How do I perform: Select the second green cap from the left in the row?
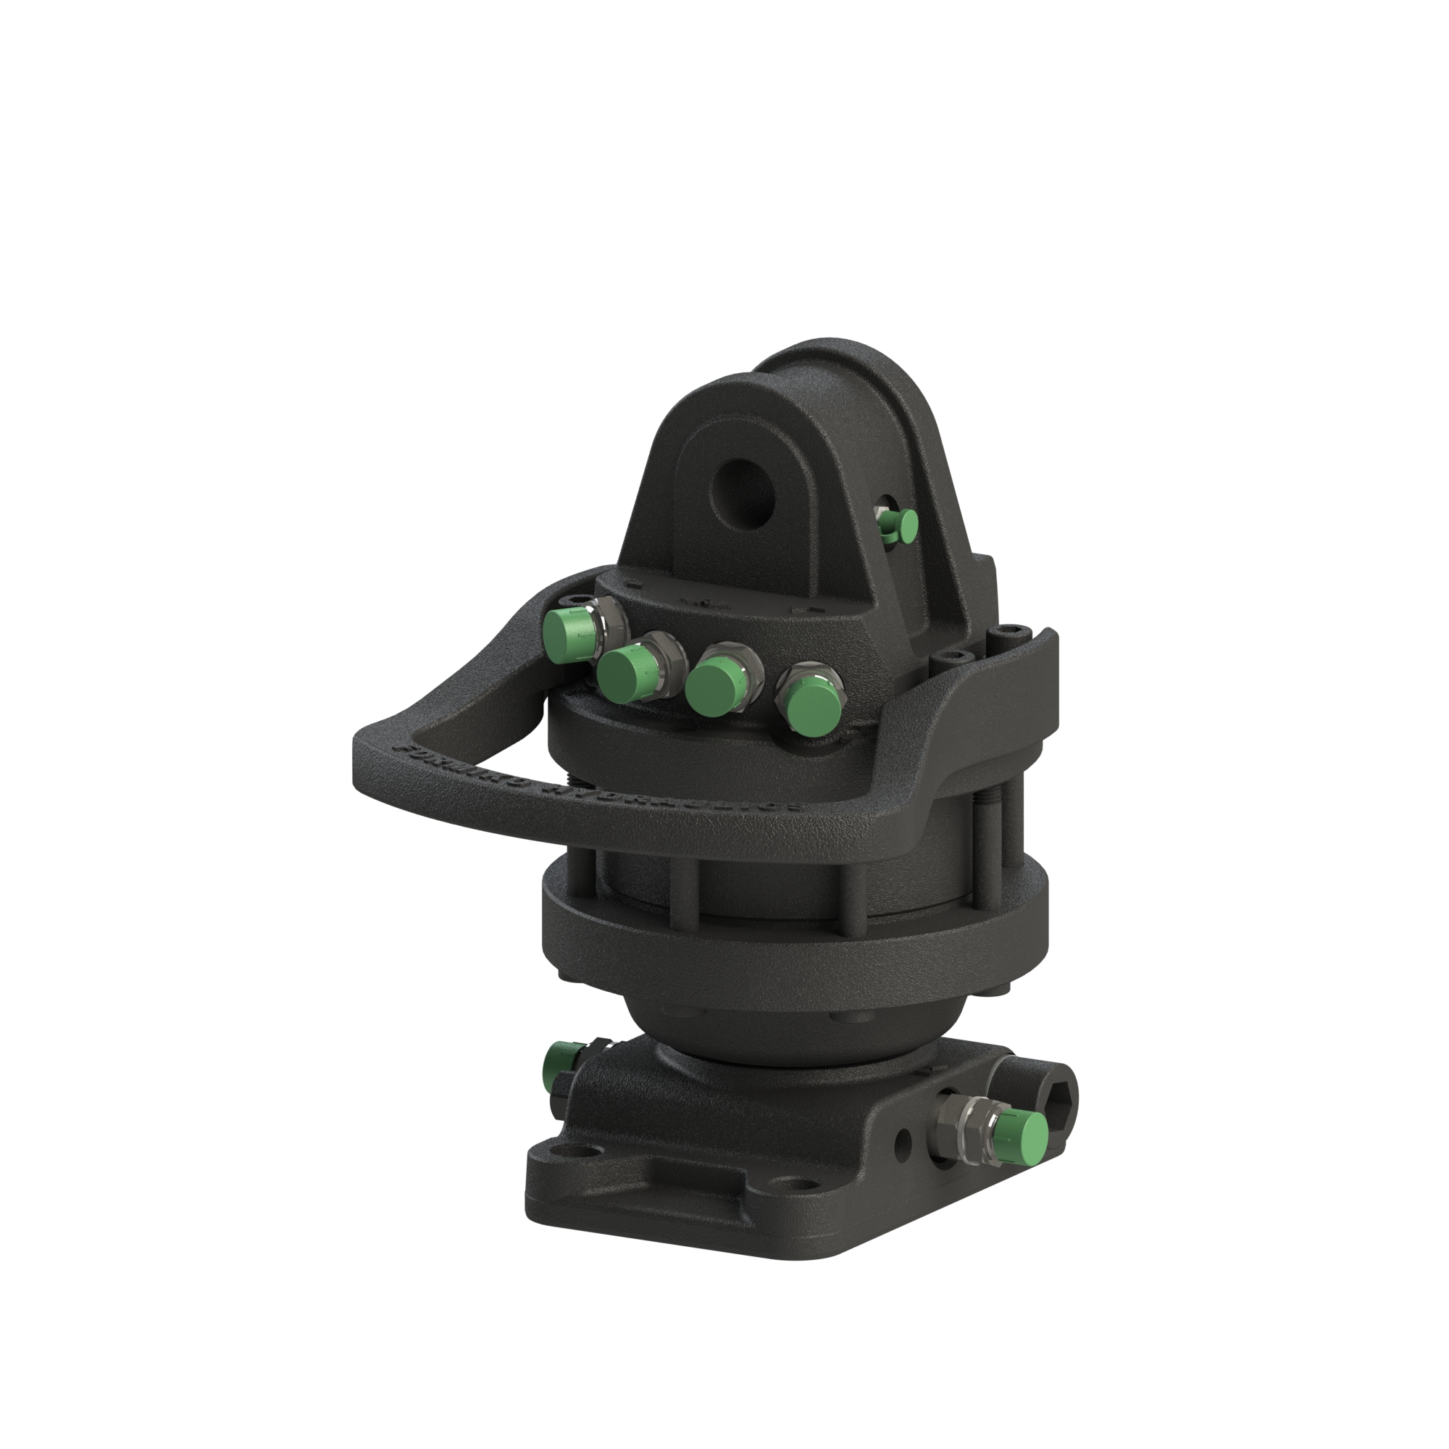[626, 672]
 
